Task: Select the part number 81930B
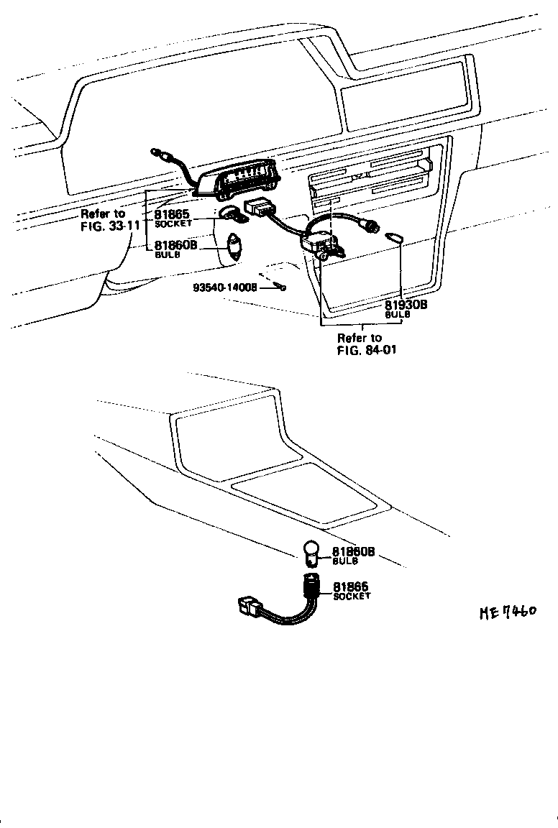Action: (x=406, y=305)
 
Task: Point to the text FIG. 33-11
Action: (x=110, y=225)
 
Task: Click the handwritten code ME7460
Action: (x=508, y=612)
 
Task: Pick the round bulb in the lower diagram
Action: (x=313, y=554)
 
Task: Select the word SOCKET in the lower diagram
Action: (x=351, y=597)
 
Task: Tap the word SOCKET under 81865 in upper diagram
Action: (x=173, y=224)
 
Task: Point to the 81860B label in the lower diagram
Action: (x=354, y=552)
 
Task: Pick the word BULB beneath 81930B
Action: (x=396, y=315)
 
